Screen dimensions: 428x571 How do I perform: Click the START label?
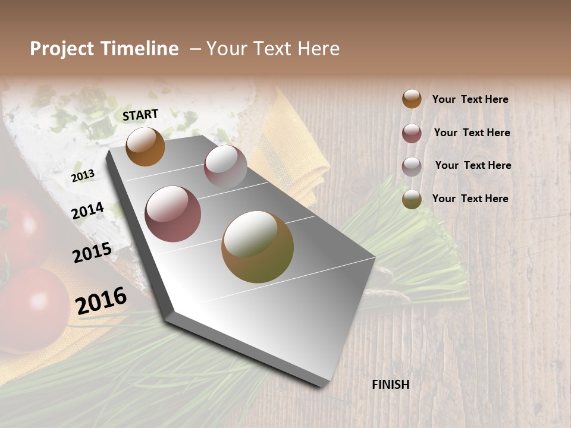click(140, 115)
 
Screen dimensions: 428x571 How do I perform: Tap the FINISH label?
click(391, 385)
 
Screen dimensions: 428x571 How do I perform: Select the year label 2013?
click(83, 176)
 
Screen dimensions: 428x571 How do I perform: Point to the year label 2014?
click(87, 211)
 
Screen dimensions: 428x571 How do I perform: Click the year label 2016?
click(101, 301)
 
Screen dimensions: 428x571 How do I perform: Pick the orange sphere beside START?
click(145, 146)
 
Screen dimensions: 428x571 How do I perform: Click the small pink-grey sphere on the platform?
click(225, 166)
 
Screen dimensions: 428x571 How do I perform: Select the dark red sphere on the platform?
click(173, 214)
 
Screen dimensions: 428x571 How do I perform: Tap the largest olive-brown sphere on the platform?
click(258, 247)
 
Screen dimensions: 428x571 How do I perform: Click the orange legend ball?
click(412, 99)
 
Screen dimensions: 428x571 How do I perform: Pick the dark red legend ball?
click(412, 133)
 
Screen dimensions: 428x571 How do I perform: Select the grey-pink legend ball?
click(412, 166)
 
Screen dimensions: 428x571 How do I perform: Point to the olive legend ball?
click(412, 199)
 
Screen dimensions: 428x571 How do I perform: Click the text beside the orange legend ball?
click(470, 99)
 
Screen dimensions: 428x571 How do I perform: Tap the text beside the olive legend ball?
click(470, 199)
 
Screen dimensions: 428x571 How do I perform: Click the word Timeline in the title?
click(140, 49)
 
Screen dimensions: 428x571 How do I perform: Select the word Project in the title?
click(62, 49)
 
